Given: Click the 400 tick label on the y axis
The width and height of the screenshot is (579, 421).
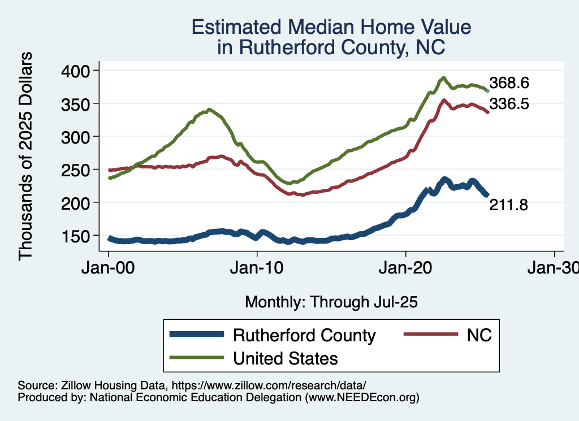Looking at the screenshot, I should click(x=81, y=71).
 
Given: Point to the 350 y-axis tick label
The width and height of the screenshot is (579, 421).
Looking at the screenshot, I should click(x=81, y=103).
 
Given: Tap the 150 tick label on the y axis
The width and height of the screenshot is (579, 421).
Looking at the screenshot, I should click(x=81, y=236).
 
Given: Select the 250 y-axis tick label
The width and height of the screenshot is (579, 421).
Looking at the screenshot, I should click(x=81, y=170).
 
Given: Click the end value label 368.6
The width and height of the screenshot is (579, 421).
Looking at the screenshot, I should click(x=509, y=83).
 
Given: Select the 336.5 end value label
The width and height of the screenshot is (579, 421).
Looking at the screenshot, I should click(x=509, y=104).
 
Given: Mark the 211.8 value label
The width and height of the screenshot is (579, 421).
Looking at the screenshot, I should click(x=508, y=206).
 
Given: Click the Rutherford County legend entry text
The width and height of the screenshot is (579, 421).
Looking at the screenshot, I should click(x=304, y=335).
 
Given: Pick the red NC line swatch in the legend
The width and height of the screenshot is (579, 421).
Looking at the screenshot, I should click(x=430, y=335).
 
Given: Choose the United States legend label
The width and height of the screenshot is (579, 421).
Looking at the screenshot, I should click(x=286, y=358).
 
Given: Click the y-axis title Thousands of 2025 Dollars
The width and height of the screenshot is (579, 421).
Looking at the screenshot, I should click(x=26, y=155).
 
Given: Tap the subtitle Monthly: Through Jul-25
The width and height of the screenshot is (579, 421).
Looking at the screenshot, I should click(x=331, y=302).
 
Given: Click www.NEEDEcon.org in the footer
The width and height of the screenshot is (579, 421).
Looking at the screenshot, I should click(x=362, y=397).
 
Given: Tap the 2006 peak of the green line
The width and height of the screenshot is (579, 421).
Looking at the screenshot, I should click(x=209, y=110).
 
